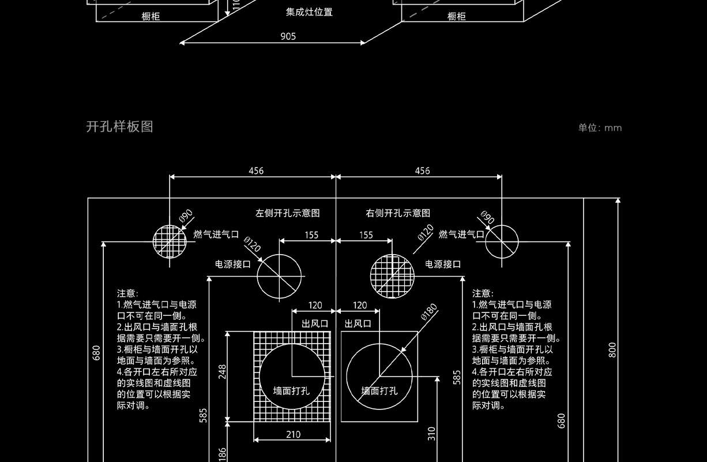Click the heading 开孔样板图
[x=119, y=126]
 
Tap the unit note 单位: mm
[x=600, y=128]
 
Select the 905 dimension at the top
[x=288, y=36]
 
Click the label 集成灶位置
[x=309, y=12]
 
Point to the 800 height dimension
[x=612, y=349]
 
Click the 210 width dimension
[x=293, y=434]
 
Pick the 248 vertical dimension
[x=222, y=371]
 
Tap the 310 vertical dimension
[x=431, y=434]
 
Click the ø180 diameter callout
[x=429, y=311]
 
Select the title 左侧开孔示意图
[x=287, y=213]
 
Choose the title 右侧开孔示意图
[x=398, y=213]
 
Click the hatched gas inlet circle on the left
[x=170, y=241]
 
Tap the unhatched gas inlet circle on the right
[x=501, y=242]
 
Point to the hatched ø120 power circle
[x=392, y=277]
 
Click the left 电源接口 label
[x=233, y=264]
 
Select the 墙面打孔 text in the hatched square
[x=291, y=390]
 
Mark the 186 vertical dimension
[x=222, y=454]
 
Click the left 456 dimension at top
[x=256, y=170]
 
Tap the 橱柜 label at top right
[x=456, y=17]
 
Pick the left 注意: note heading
[x=127, y=293]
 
